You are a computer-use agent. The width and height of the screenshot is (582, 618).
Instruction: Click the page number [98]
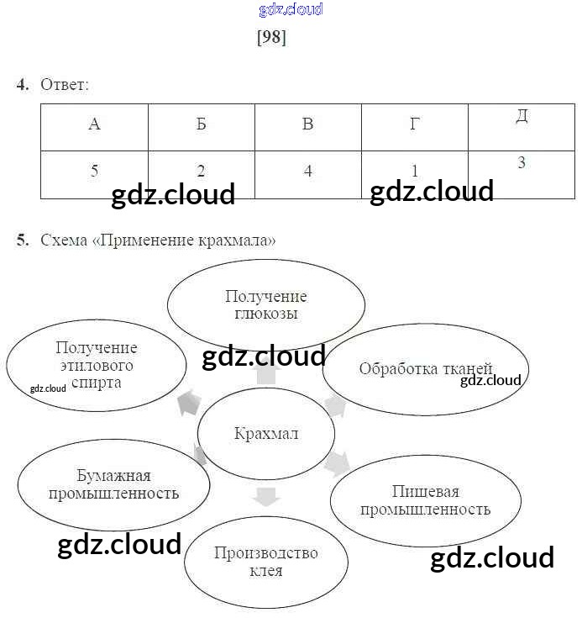click(271, 39)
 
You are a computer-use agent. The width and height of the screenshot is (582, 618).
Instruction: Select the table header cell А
click(94, 125)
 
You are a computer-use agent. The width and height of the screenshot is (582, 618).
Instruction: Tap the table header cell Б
click(201, 125)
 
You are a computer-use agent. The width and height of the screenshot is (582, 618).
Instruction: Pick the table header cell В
click(307, 125)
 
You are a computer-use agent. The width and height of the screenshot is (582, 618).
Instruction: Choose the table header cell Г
click(414, 125)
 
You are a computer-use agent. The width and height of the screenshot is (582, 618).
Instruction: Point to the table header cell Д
click(522, 117)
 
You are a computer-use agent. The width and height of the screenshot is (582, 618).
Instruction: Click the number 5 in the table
click(94, 171)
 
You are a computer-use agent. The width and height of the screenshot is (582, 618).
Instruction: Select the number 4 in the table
click(308, 171)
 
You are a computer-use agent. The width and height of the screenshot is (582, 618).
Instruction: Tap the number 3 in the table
click(522, 162)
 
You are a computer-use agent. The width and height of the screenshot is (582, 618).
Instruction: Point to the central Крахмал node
click(265, 434)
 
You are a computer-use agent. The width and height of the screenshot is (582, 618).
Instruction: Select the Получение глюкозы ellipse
click(265, 305)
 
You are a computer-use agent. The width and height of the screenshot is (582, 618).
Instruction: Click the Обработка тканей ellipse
click(425, 369)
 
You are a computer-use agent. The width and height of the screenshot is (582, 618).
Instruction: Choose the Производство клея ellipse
click(265, 561)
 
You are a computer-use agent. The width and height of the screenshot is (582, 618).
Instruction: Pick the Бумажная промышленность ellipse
click(113, 485)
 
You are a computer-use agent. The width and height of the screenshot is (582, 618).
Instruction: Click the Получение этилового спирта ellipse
click(96, 365)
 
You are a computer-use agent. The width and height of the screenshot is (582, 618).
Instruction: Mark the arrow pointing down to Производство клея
click(265, 497)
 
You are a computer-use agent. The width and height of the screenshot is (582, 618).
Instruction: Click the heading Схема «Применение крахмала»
click(158, 241)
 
